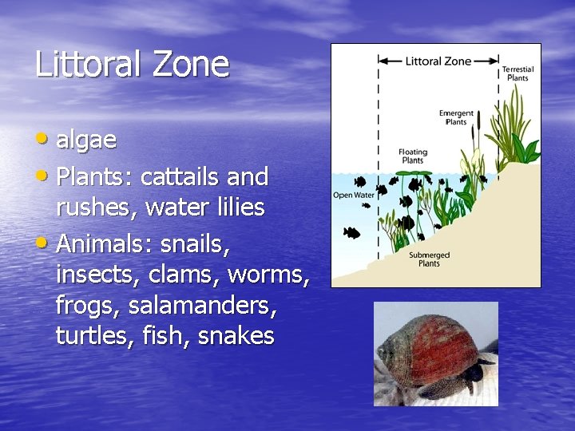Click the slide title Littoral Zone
click(x=132, y=64)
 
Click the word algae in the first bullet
click(x=86, y=140)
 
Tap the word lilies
click(x=237, y=208)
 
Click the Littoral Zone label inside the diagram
click(x=438, y=61)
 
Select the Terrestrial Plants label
click(x=518, y=74)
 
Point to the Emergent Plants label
click(x=456, y=117)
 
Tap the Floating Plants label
click(x=412, y=156)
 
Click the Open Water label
click(x=353, y=195)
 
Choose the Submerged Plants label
click(x=430, y=259)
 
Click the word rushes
click(x=88, y=208)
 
